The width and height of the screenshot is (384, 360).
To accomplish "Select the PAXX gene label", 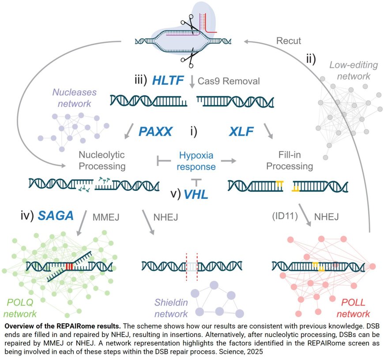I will click(x=155, y=131).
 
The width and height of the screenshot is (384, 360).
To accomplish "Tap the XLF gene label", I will click(x=242, y=131).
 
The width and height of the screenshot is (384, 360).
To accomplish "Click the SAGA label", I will click(x=56, y=215).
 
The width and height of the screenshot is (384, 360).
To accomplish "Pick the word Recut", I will click(x=289, y=41).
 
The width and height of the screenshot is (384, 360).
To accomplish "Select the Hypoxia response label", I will click(x=196, y=161).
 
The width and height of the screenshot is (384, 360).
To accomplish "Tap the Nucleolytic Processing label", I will click(x=102, y=160).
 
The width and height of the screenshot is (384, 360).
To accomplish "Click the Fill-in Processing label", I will click(x=290, y=160).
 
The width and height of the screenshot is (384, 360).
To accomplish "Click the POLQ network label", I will click(x=21, y=308).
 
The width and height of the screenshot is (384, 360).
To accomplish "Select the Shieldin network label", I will click(x=171, y=308).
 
